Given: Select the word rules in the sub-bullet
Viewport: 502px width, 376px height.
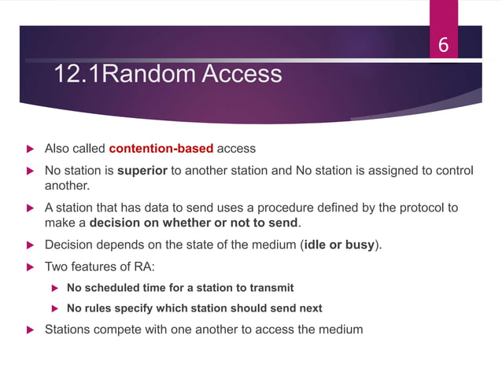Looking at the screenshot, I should (101, 308).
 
